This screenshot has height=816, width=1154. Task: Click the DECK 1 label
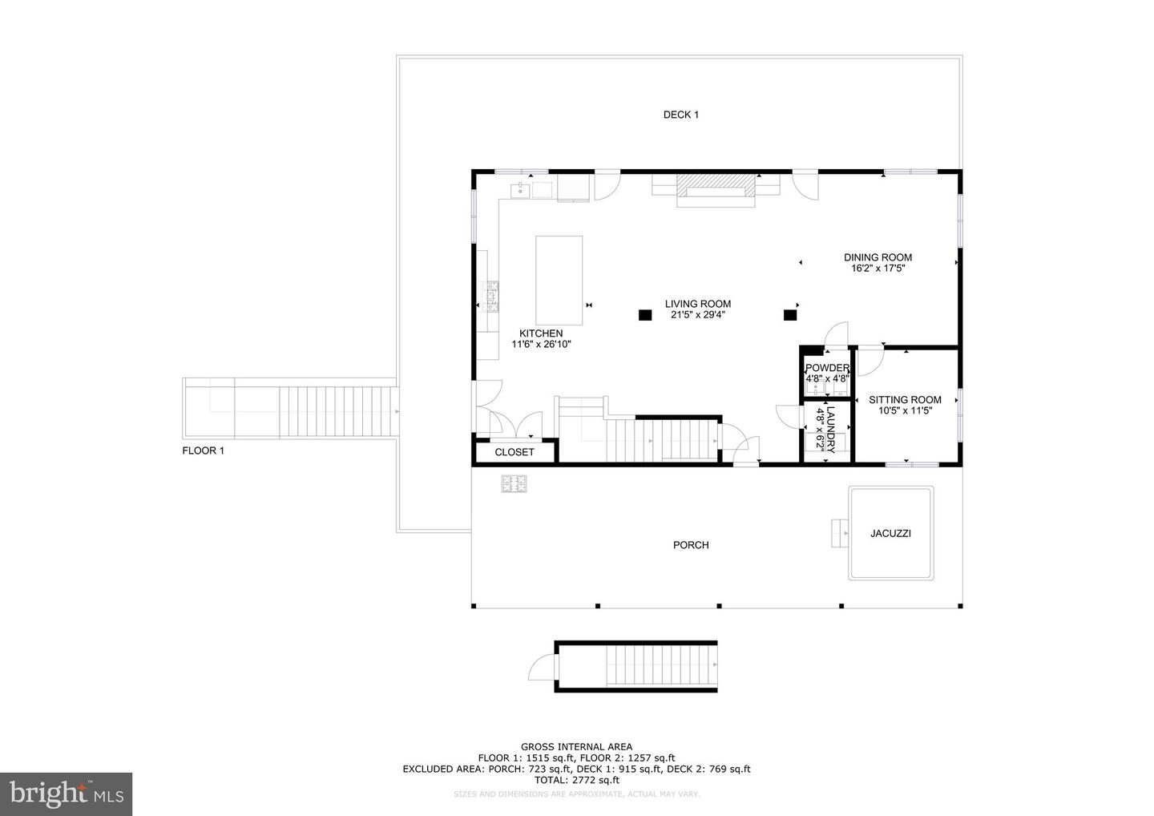[x=680, y=115]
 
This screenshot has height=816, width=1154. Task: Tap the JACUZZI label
[x=890, y=533]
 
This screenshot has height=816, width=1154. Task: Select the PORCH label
[x=690, y=545]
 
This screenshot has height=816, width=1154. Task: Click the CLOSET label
[x=514, y=452]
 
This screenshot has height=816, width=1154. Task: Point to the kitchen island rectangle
[x=559, y=278]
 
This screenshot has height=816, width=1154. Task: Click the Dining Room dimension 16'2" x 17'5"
[x=878, y=269]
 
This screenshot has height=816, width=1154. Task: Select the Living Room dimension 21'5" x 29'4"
[x=697, y=315]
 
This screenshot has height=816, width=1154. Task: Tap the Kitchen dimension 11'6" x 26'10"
[x=541, y=344]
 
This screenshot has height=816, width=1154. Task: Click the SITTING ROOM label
[x=905, y=400]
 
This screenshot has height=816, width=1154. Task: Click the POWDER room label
[x=827, y=368]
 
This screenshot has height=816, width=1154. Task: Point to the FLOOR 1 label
[x=203, y=450]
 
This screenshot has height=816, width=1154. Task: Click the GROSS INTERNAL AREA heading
[x=576, y=747]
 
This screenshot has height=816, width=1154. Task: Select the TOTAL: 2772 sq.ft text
[x=576, y=780]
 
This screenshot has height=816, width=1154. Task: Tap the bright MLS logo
[x=66, y=794]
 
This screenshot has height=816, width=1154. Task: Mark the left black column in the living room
[x=644, y=315]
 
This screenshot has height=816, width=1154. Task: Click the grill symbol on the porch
[x=514, y=483]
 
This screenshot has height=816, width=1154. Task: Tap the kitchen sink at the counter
[x=520, y=190]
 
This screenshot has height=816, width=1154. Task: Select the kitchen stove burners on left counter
[x=492, y=297]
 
